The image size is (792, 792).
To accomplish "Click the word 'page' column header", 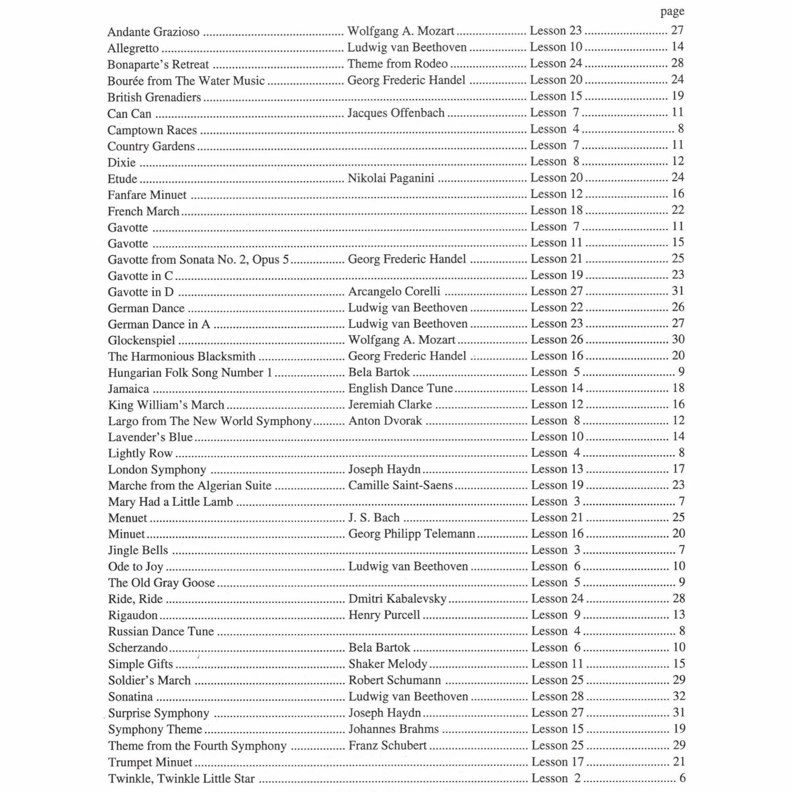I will point(672,12).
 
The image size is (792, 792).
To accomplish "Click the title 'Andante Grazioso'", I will point(153,32).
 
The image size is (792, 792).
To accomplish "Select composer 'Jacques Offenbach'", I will point(396,113).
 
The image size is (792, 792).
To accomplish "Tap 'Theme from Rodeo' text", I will point(397,64).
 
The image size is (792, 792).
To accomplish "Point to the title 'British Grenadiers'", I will point(154,97).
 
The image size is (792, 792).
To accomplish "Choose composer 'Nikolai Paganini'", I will point(391,178).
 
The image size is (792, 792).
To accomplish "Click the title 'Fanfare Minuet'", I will point(147,195).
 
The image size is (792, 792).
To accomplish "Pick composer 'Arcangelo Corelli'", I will point(394,291).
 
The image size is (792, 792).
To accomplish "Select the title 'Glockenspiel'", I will point(141,340).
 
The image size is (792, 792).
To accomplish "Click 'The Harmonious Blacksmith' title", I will point(181,356).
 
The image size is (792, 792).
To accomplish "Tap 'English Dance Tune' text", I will point(401,388).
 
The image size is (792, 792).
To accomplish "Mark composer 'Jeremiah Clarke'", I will point(390,404).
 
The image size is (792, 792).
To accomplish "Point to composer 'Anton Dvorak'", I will point(385,420).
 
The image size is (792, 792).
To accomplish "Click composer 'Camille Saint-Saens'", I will point(401,485).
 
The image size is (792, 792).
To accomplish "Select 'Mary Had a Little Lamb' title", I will point(170,502).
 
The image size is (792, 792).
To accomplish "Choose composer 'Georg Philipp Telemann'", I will point(412,534).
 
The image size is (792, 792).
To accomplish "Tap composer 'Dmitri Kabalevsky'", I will point(397,599).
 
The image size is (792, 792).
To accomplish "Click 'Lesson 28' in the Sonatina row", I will point(557,696).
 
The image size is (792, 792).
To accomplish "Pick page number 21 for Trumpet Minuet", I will point(679,761).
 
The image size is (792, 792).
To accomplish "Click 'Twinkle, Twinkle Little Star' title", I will point(181,778).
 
